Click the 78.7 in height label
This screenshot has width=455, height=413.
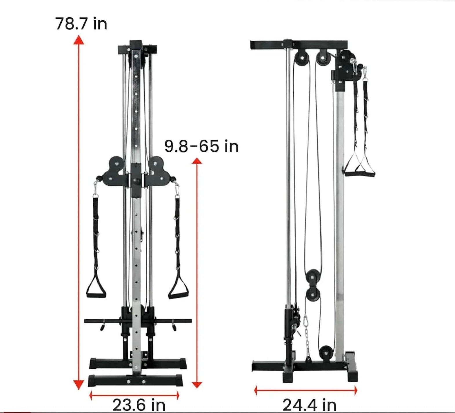coord(81,24)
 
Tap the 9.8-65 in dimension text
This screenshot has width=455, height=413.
coord(201,146)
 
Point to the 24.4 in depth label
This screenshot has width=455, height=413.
coord(310,405)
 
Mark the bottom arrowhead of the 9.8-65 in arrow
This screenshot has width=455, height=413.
coord(197,385)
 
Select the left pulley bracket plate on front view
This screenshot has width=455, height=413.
coord(113,171)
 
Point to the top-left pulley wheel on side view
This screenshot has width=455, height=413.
coord(302,58)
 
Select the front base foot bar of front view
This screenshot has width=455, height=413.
coord(135,381)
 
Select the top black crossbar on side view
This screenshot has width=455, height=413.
coord(299,45)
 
